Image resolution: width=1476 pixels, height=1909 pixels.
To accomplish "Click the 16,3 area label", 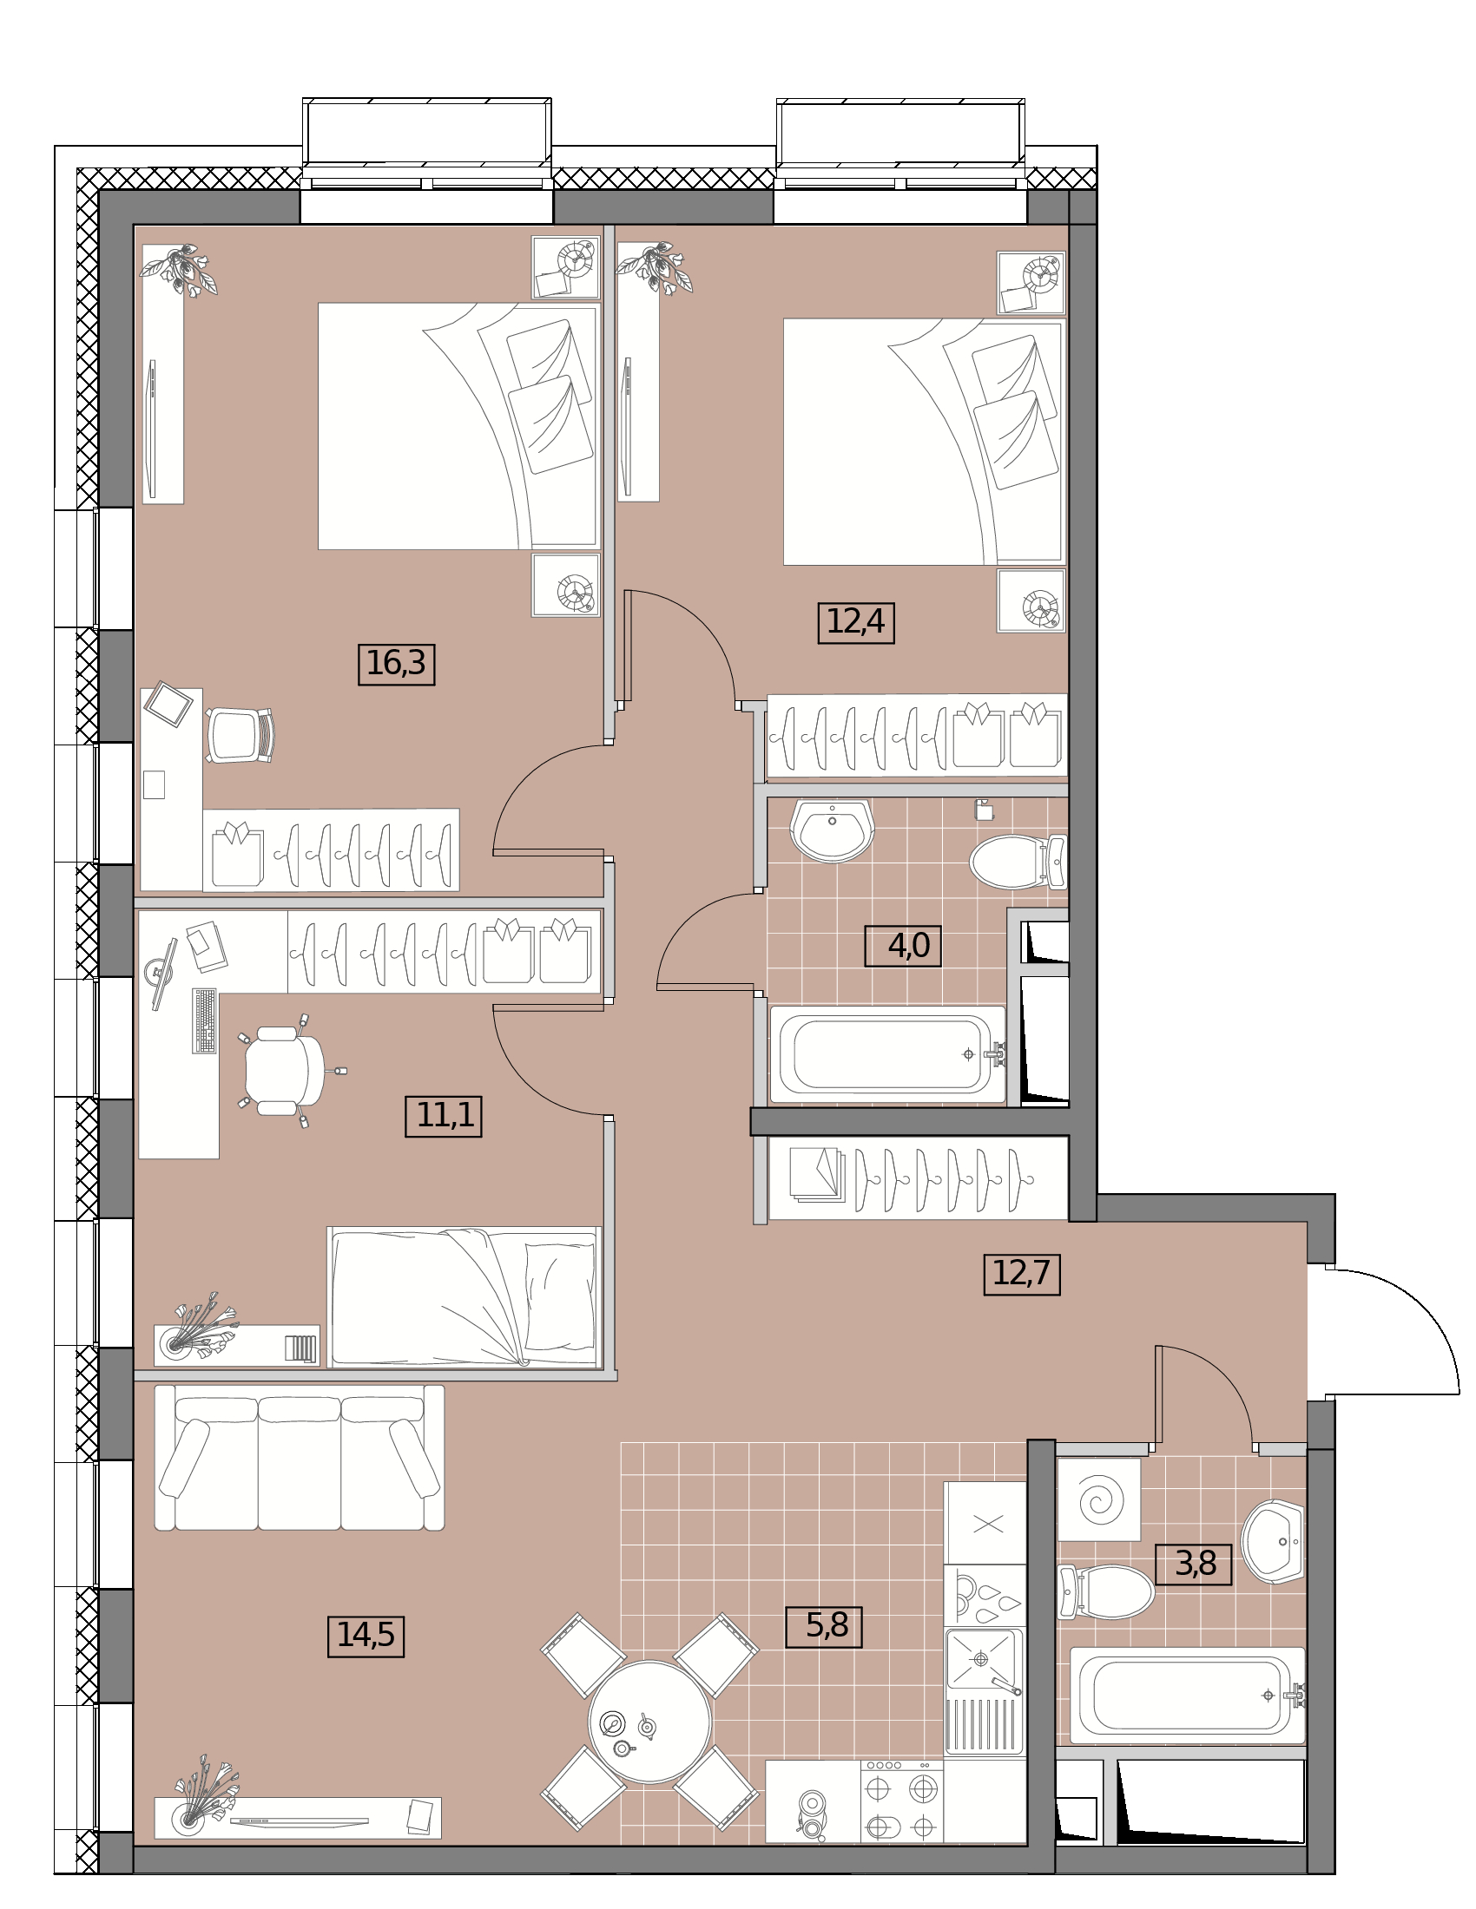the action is (396, 664).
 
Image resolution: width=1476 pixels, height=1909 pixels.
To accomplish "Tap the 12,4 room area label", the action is (855, 622).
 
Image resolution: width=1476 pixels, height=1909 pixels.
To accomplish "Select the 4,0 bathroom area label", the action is (902, 945).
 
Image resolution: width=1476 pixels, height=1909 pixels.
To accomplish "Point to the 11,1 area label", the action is (444, 1115).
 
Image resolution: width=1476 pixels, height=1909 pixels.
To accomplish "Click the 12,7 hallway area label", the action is (1021, 1274).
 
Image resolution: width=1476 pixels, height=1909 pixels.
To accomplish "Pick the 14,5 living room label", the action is (366, 1636).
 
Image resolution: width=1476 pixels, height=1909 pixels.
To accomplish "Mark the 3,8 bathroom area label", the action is (1193, 1564).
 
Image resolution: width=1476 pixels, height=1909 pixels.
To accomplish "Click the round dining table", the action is (649, 1722).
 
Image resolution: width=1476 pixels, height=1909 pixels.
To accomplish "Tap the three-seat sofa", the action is (299, 1457).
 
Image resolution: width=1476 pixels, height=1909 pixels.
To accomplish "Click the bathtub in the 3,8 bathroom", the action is (1188, 1695).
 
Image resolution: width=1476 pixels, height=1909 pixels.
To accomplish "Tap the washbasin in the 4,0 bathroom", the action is (832, 829).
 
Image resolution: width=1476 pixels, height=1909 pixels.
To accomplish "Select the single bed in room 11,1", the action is (465, 1297).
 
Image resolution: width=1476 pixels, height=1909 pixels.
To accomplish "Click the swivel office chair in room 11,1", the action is (284, 1071).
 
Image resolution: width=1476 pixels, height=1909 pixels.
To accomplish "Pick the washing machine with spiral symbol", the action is (1098, 1500).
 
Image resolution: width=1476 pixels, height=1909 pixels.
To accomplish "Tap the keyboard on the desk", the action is (205, 1021).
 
